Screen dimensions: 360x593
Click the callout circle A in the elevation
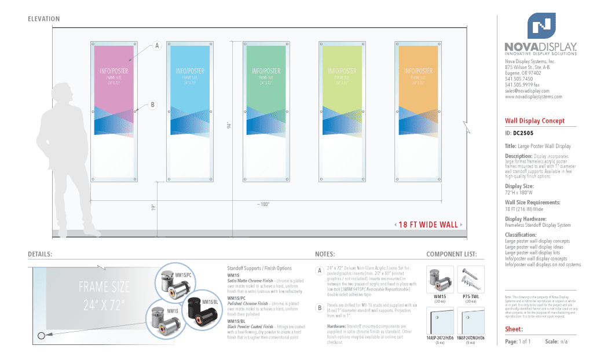coord(156,46)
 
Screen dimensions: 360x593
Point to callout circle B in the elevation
coord(152,105)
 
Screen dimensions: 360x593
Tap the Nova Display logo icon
coord(541,26)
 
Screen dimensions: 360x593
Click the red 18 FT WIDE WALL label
coord(429,225)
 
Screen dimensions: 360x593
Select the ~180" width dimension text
coord(263,204)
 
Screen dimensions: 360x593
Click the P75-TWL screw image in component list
coord(471,279)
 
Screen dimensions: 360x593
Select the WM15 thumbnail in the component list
coord(440,279)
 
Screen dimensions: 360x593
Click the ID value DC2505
coord(523,133)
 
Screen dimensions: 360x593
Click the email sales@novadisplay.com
coord(526,91)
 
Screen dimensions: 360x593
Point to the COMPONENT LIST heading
coord(451,254)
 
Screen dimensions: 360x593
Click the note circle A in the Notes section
coord(319,271)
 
